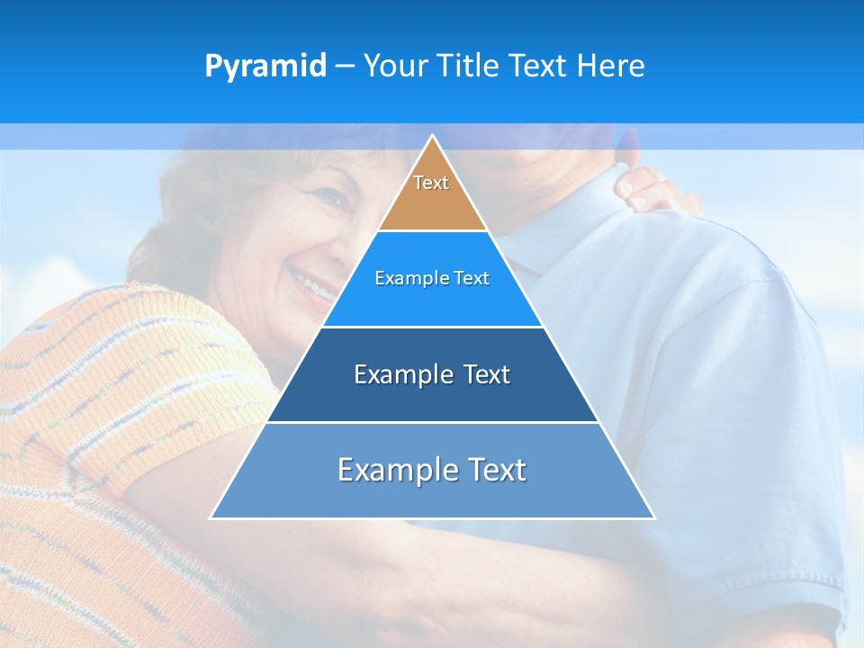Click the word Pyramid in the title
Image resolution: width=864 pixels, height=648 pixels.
[265, 67]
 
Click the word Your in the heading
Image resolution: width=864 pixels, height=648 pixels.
[397, 66]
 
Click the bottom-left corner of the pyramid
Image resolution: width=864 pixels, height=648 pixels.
[212, 517]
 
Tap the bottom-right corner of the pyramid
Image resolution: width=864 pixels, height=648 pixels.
[653, 517]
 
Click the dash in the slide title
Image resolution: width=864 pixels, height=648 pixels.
[345, 67]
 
